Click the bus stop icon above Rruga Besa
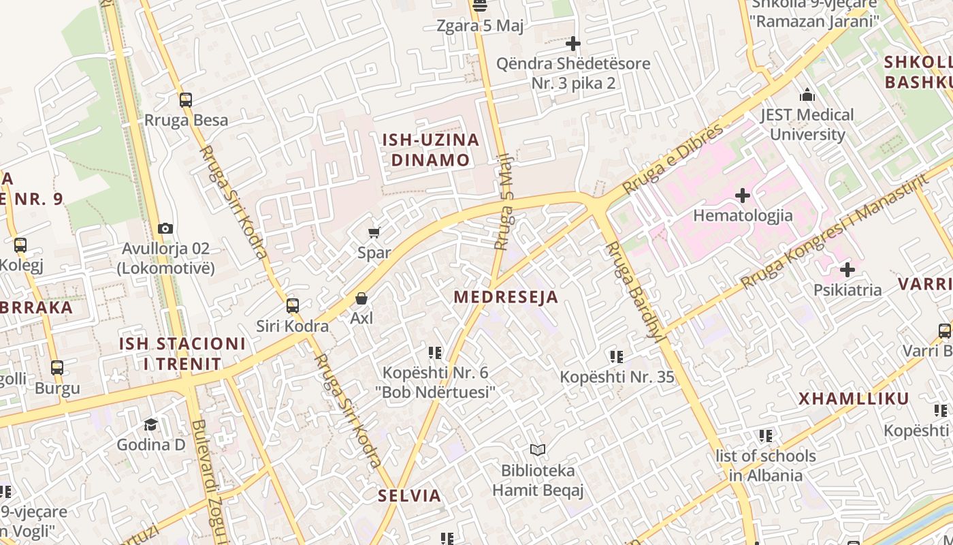point(186,100)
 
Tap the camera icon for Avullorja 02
point(165,228)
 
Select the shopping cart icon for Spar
point(374,233)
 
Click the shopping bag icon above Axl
point(361,298)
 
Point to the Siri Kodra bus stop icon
point(293,305)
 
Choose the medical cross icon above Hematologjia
point(743,196)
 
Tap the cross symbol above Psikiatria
point(847,270)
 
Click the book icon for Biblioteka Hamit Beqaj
point(538,450)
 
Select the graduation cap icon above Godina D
point(151,424)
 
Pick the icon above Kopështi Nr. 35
point(617,356)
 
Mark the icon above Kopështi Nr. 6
point(435,352)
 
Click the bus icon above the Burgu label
point(57,368)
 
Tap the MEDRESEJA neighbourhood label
point(506,297)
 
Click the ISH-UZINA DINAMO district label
point(430,151)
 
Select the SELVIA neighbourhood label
point(410,496)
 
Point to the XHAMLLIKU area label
point(854,399)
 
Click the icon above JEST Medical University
point(807,95)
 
